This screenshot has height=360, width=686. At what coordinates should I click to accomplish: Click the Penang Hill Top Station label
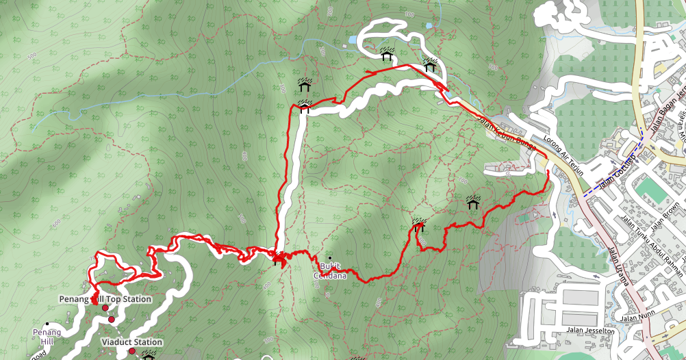(105, 299)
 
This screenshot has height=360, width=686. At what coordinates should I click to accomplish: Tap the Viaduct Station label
(131, 342)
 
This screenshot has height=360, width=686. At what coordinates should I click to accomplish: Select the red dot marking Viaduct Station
(131, 351)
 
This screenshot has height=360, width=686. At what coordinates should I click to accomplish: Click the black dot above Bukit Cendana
(330, 258)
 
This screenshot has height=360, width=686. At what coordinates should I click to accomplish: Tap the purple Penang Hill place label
(47, 336)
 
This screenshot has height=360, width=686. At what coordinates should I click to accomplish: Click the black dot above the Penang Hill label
(47, 324)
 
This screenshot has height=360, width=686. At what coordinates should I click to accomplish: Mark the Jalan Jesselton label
(591, 331)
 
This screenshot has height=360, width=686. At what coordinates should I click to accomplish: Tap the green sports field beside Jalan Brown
(655, 190)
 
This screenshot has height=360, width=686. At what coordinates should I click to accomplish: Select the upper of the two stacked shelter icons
(304, 83)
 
